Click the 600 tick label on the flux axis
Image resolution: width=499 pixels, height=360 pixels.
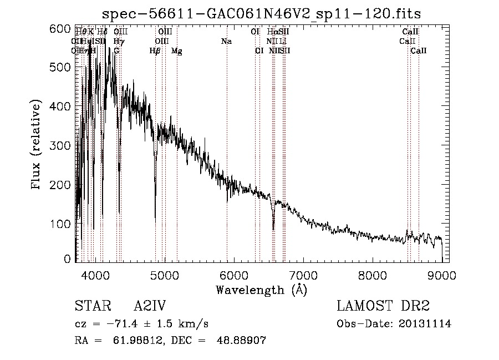click(60, 29)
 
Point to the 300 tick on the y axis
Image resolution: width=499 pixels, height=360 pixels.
click(60, 145)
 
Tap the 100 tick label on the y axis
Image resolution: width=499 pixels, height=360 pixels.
click(60, 223)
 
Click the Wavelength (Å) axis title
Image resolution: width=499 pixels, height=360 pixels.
click(261, 290)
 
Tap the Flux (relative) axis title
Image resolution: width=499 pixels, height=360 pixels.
click(37, 145)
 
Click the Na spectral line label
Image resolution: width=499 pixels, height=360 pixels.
click(226, 41)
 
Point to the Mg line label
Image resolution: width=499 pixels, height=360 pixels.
click(176, 50)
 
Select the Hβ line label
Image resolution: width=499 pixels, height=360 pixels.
click(155, 50)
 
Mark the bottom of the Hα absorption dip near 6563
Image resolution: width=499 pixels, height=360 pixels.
click(273, 228)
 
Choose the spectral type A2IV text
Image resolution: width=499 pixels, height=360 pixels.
click(150, 307)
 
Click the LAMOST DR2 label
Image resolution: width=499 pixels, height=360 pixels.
click(383, 307)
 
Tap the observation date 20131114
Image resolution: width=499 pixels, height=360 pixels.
click(426, 324)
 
